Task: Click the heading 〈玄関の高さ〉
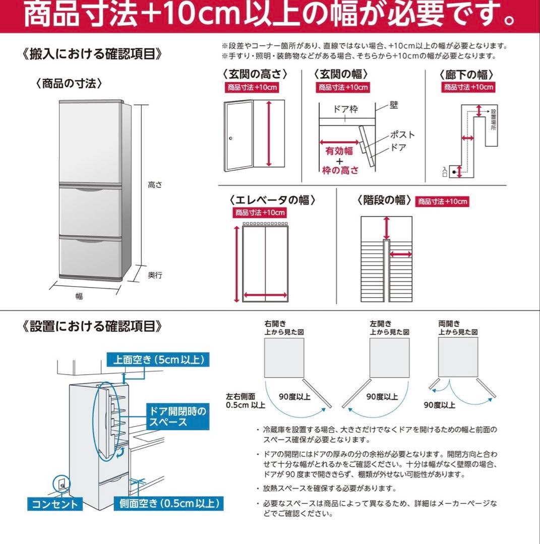click(x=255, y=75)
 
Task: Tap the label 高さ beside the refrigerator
click(x=155, y=185)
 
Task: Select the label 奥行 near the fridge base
click(x=155, y=275)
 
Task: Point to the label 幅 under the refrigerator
click(x=79, y=296)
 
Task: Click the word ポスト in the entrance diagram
click(x=402, y=134)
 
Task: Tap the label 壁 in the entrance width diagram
click(x=394, y=105)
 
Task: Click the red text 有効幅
click(x=339, y=151)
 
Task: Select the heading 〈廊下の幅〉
click(x=466, y=75)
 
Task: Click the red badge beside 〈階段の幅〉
click(x=442, y=201)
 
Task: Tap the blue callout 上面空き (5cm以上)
click(x=158, y=360)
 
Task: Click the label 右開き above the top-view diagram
click(x=275, y=324)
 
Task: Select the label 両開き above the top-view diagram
click(x=449, y=324)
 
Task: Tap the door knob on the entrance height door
click(x=231, y=139)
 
